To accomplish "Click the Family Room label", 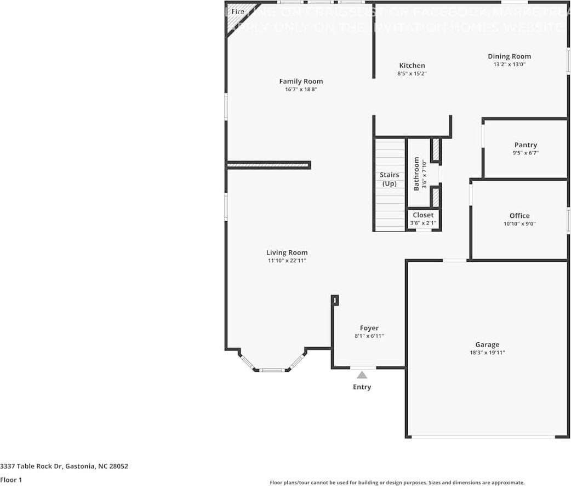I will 301,82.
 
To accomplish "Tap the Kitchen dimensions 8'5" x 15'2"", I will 412,73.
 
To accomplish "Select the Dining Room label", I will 509,56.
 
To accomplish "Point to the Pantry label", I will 526,145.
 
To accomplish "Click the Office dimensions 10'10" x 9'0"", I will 519,223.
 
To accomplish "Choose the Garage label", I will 487,344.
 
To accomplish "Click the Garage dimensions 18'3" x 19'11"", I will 487,353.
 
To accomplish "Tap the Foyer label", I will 369,328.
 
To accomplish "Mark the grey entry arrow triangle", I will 362,375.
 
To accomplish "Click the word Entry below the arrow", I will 362,387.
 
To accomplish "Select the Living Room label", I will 287,252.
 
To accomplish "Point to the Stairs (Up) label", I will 390,179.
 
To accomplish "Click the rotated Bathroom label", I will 416,174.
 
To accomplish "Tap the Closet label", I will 423,215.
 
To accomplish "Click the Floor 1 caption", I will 11,480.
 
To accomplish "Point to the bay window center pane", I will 272,370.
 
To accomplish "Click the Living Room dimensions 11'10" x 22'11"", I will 287,261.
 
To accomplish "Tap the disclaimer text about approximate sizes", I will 397,482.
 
